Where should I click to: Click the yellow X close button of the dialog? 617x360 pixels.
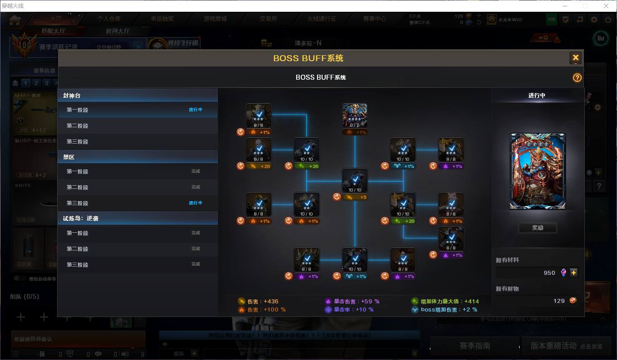[x=575, y=58]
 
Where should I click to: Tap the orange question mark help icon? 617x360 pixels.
[x=577, y=77]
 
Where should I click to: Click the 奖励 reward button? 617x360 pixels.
[x=537, y=228]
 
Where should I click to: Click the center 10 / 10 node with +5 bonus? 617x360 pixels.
[x=355, y=181]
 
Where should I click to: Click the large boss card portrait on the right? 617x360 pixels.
[x=538, y=171]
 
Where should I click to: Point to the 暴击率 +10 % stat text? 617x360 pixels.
[x=353, y=310]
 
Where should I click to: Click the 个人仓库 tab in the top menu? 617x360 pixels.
[x=109, y=19]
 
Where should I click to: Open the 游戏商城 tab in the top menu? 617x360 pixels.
[x=215, y=19]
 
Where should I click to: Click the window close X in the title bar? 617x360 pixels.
[x=606, y=6]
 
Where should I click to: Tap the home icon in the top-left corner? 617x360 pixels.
[x=15, y=19]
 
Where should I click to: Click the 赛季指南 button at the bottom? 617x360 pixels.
[x=474, y=346]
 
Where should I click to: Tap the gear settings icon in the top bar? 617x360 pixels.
[x=594, y=19]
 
